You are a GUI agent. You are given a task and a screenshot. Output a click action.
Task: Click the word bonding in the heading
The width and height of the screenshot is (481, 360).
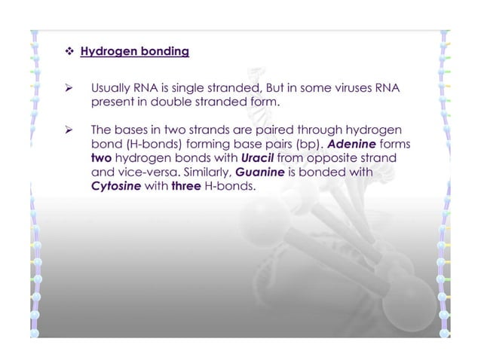coord(164,53)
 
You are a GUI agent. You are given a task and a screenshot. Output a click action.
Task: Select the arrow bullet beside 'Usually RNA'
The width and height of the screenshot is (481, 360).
coord(69,89)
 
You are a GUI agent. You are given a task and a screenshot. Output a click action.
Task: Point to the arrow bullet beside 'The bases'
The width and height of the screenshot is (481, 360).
coord(69,131)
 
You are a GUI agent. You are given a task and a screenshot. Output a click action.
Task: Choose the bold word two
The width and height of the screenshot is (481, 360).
coord(102,158)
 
